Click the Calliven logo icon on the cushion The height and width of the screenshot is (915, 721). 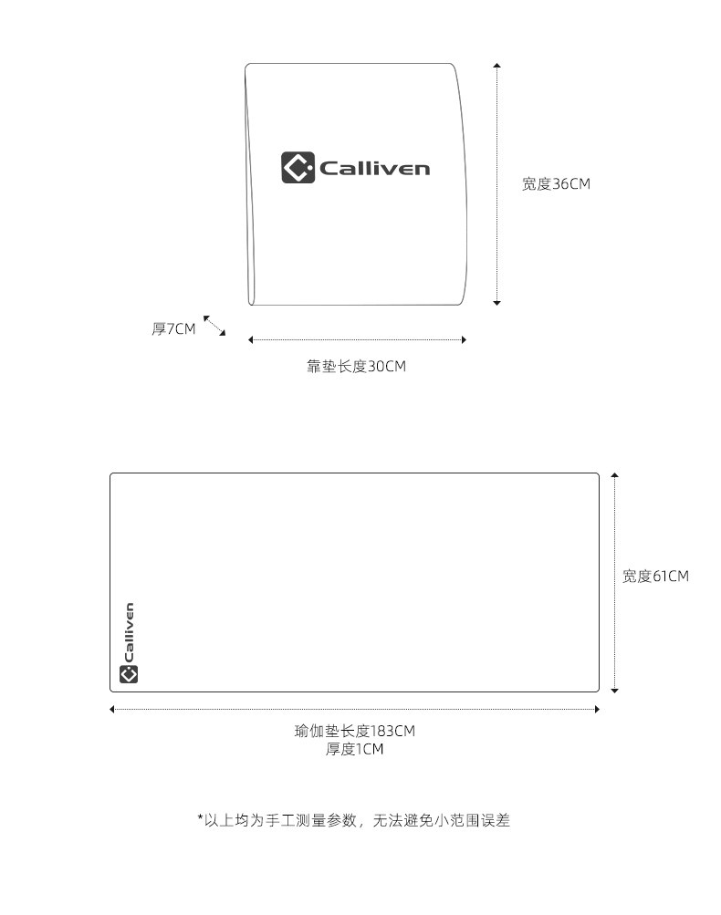click(298, 167)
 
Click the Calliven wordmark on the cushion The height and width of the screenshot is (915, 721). click(374, 168)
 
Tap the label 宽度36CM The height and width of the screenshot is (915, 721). click(556, 184)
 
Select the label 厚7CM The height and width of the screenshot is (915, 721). click(173, 329)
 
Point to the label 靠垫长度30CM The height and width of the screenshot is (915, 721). click(356, 367)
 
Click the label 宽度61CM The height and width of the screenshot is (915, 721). click(655, 577)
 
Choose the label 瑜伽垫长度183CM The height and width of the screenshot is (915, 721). click(355, 731)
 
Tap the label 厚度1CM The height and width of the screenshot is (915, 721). click(355, 750)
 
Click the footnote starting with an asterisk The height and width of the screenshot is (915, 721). click(353, 820)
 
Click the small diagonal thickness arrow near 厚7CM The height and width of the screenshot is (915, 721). click(214, 326)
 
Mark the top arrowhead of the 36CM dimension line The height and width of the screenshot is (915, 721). click(496, 66)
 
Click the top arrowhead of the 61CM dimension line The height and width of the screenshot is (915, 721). click(615, 475)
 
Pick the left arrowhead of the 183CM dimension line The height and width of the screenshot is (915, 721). click(112, 709)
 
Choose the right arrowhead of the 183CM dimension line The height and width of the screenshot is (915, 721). click(597, 709)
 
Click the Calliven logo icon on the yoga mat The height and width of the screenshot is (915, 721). click(129, 674)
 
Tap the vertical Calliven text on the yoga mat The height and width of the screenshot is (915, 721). click(129, 632)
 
